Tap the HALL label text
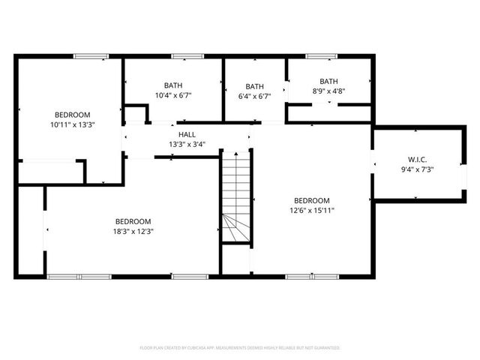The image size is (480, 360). click(187, 134)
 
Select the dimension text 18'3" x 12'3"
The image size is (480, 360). click(133, 231)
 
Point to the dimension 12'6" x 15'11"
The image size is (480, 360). click(311, 210)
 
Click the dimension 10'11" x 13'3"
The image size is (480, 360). click(73, 124)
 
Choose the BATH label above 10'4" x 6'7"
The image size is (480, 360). click(173, 85)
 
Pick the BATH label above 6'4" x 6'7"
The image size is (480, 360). click(254, 86)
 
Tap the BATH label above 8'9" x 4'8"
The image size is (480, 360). click(328, 81)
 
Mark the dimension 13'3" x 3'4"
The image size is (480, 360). click(187, 144)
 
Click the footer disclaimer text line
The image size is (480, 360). click(240, 348)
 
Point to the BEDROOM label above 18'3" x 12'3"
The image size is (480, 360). click(133, 221)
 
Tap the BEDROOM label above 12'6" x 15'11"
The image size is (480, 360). click(311, 200)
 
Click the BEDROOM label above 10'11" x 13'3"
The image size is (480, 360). click(73, 114)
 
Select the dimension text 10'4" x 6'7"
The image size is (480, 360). click(173, 95)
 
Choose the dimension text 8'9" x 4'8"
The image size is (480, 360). click(328, 91)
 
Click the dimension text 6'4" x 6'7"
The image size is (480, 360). click(254, 96)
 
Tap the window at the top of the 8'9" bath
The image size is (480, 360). click(322, 55)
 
